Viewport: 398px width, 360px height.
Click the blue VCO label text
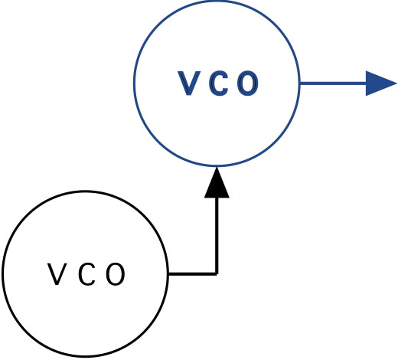click(x=218, y=83)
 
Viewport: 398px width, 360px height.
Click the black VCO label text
click(x=86, y=274)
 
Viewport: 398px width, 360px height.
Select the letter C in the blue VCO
click(x=218, y=83)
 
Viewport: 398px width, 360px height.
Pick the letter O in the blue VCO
click(x=247, y=83)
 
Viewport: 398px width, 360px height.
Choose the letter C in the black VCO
click(x=86, y=274)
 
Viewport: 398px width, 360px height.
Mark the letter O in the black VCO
click(x=116, y=274)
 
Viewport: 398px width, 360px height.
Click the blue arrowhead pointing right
click(x=381, y=83)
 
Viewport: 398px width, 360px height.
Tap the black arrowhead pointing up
click(x=217, y=182)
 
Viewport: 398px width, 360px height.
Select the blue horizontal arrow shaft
click(x=333, y=83)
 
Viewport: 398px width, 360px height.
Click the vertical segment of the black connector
click(x=217, y=236)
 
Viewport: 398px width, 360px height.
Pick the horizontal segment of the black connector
click(x=192, y=274)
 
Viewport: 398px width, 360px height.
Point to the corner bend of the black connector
click(x=217, y=274)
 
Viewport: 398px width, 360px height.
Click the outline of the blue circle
click(x=134, y=83)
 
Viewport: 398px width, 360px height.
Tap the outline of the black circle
click(x=2, y=273)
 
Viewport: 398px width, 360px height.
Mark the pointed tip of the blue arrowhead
click(x=396, y=83)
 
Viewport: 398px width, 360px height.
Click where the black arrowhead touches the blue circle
click(x=217, y=167)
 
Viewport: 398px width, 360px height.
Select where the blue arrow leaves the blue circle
click(x=300, y=83)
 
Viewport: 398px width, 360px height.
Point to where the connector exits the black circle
click(x=168, y=274)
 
